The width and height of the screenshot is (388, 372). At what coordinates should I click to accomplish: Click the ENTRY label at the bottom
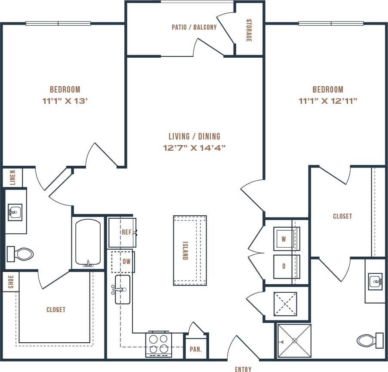tap(243, 369)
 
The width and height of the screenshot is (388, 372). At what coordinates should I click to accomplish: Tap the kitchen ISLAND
tap(190, 250)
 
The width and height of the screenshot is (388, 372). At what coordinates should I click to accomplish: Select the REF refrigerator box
tap(122, 232)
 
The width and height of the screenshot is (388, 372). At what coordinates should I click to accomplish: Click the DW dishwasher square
tap(123, 261)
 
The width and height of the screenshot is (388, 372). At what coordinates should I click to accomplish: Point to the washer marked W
tap(284, 239)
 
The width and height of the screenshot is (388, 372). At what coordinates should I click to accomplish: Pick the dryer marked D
tap(284, 266)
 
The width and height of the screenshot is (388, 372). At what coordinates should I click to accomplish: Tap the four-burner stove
tap(158, 344)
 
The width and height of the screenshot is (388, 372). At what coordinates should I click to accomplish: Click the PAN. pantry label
tap(196, 349)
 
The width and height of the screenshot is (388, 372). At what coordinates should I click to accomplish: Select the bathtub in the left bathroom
tap(88, 243)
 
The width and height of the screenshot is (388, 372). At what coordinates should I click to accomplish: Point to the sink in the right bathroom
tap(375, 282)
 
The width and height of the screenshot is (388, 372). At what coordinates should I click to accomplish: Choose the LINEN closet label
tap(13, 177)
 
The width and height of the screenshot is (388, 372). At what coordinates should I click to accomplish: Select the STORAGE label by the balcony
tap(249, 31)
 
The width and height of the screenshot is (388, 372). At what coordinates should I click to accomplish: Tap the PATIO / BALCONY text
tap(194, 27)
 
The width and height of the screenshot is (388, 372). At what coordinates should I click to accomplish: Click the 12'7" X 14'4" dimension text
tap(194, 148)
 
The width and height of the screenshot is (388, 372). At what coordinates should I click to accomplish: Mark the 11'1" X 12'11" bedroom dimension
tap(328, 101)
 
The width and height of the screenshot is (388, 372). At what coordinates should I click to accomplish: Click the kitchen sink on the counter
tap(122, 289)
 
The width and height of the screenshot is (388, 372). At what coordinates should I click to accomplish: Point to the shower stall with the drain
tap(294, 341)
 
